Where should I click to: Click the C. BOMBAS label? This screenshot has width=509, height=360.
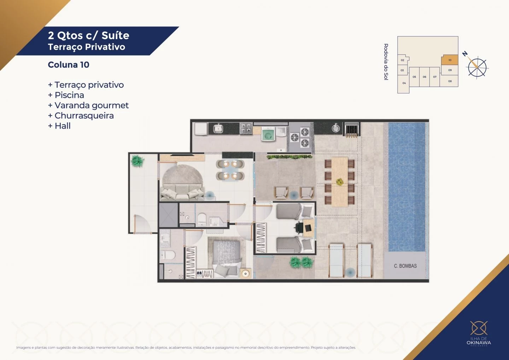[x=405, y=266]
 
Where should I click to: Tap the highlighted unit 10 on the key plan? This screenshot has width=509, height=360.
[x=450, y=60]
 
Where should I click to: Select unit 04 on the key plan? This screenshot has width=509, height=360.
[x=404, y=83]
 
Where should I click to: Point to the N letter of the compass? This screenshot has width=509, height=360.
[x=465, y=54]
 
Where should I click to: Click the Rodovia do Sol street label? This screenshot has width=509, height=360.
[x=386, y=62]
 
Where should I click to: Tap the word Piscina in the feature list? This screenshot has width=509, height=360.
[x=69, y=95]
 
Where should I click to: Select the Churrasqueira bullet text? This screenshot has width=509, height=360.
[x=84, y=116]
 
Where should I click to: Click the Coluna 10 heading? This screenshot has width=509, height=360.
[x=69, y=65]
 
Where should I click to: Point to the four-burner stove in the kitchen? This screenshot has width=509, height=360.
[x=246, y=128]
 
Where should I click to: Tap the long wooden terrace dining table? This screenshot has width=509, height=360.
[x=340, y=182]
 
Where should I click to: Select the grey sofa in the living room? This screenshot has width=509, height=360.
[x=181, y=193]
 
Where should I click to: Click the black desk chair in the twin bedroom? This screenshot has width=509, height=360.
[x=300, y=227]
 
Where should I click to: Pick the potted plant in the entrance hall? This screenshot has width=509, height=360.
[x=137, y=161]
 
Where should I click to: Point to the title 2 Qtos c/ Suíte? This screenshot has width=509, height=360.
[x=88, y=35]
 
